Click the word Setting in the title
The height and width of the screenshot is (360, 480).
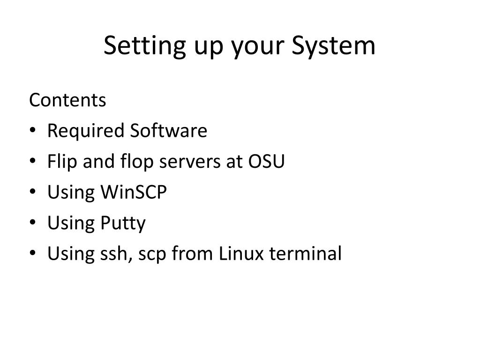[145, 46]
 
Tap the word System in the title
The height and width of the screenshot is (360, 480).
[333, 46]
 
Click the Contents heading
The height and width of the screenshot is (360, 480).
[67, 100]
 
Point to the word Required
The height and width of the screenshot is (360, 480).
[85, 132]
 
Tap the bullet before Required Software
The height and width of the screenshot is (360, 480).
[33, 130]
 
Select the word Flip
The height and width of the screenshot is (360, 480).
[62, 162]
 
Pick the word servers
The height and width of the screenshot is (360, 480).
[190, 163]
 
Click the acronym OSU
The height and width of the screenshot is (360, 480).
[266, 161]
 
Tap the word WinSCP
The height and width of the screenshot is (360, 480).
[134, 192]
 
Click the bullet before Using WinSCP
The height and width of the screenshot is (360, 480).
[33, 192]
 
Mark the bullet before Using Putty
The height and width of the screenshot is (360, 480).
[33, 222]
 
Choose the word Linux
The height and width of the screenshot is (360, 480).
[241, 253]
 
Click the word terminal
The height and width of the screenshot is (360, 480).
[306, 253]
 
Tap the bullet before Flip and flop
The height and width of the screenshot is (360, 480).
[33, 161]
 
